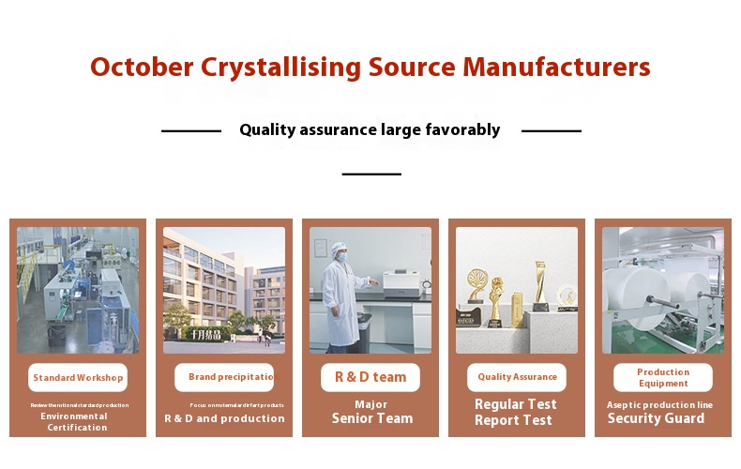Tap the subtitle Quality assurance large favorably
pos(370,130)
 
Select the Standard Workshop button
pos(78,378)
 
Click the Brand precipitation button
pos(224,377)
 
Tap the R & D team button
pos(370,377)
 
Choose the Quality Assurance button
pos(517,377)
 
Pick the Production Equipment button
pos(663,377)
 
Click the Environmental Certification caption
pos(78,422)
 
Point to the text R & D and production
pos(224,418)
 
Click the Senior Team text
pos(371,418)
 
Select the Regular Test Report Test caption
pos(516,413)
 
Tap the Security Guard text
pos(656,418)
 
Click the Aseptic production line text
pos(659,404)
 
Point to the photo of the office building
pos(224,290)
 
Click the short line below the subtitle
pos(371,174)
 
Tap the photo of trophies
pos(517,290)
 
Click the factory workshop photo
pos(78,290)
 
